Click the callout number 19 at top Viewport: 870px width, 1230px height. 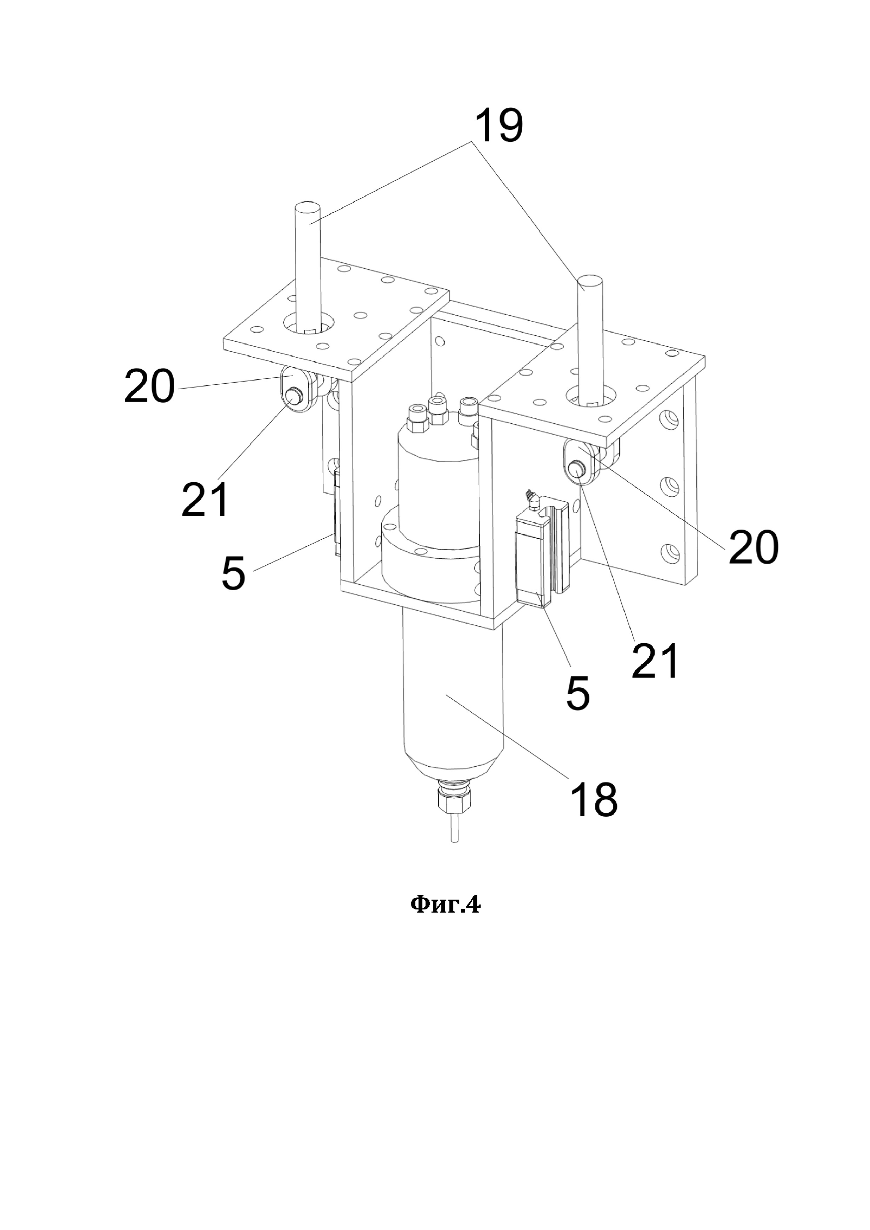498,125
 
